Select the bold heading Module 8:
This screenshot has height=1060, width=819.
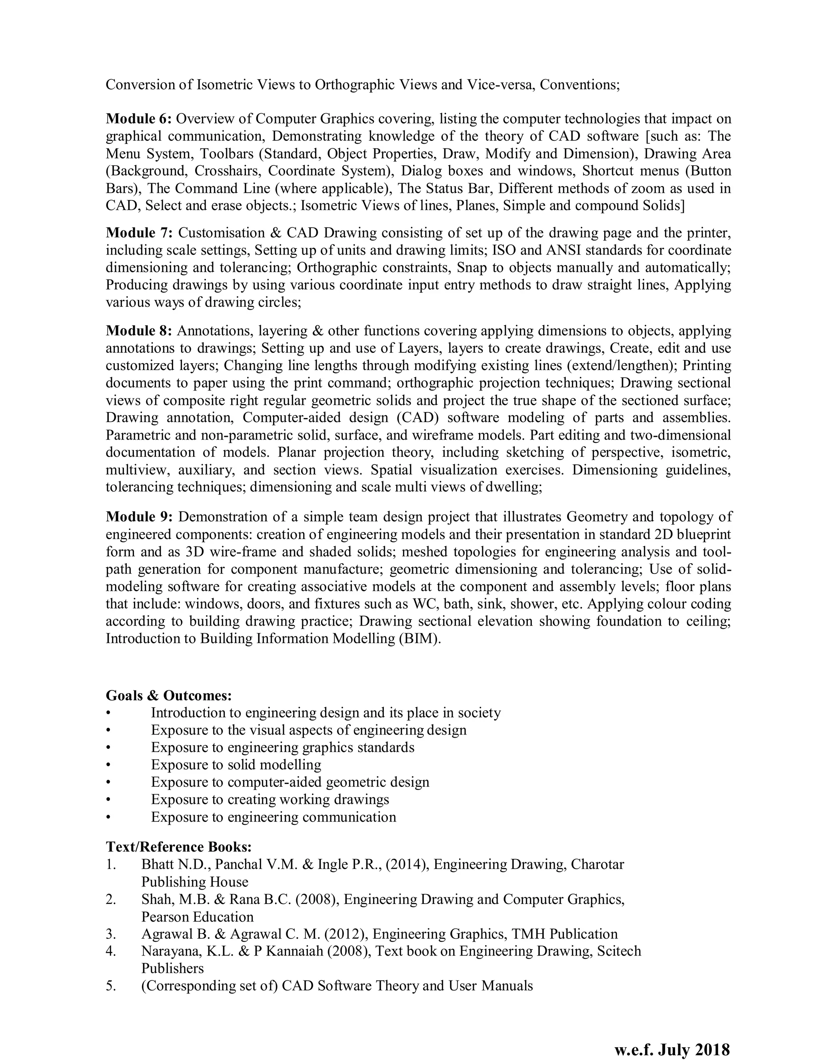coord(139,331)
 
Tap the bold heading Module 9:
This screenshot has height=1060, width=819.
coord(139,517)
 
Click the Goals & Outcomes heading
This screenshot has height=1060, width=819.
coord(169,696)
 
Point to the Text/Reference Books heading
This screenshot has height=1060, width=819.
coord(178,847)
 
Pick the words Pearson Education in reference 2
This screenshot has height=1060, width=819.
coord(198,917)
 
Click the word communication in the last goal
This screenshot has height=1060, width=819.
coord(350,817)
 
